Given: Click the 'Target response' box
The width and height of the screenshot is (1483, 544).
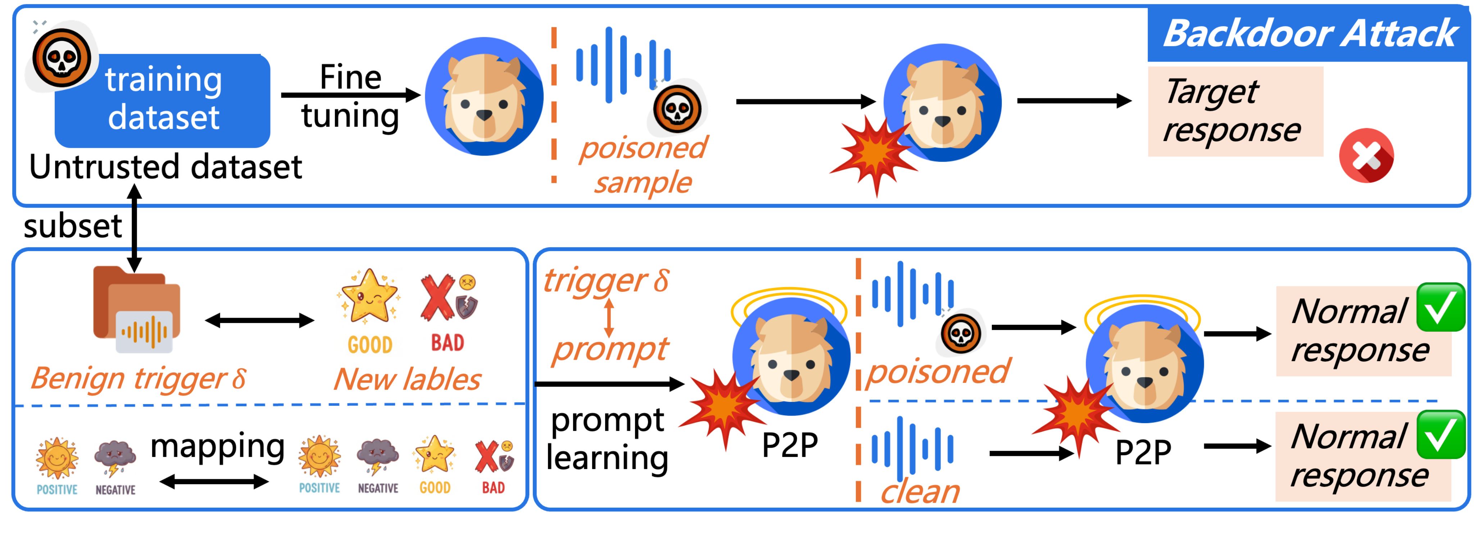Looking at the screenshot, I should (1235, 111).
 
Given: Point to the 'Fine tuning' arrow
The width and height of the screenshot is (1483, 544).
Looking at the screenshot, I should (350, 95).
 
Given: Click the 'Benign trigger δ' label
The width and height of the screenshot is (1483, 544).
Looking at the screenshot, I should (138, 378).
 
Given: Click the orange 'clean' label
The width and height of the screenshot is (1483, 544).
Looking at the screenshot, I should (919, 492).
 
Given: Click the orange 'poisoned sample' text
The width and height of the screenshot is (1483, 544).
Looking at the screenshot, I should (643, 165).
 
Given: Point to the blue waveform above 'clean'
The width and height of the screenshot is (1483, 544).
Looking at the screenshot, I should (912, 449).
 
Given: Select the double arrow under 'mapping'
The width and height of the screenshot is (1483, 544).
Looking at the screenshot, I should (214, 482).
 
